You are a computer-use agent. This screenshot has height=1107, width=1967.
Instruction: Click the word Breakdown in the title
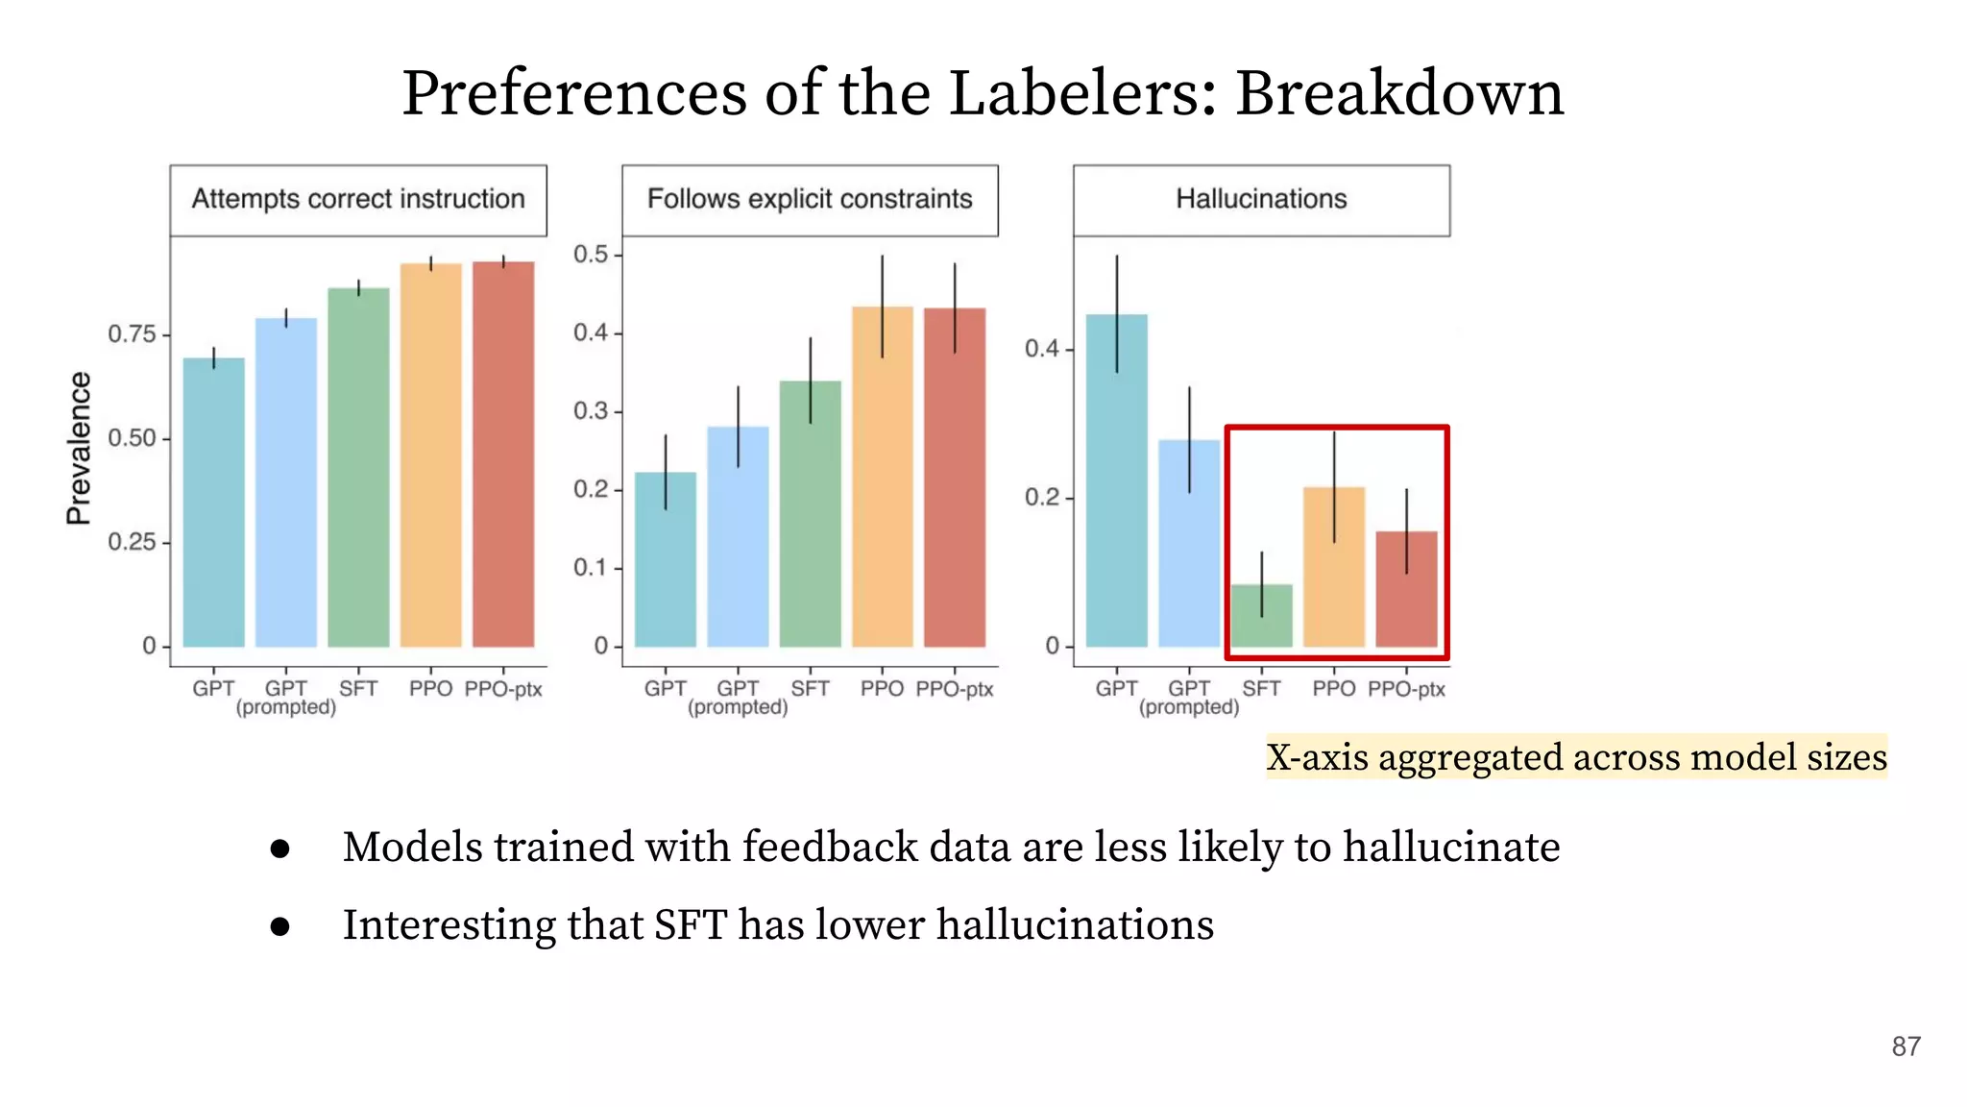click(x=1398, y=93)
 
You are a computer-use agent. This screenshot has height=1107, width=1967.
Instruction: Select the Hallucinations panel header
click(x=1261, y=199)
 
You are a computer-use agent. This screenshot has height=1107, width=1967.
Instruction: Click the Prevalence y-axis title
click(x=79, y=448)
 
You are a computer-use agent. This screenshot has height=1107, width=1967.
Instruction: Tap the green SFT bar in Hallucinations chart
click(x=1261, y=617)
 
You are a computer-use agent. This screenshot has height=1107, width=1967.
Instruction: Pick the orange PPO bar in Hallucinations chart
click(x=1333, y=567)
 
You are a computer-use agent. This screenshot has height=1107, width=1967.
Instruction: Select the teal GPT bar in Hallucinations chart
click(x=1116, y=480)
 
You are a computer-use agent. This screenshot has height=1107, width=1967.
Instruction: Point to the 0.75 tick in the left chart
click(x=132, y=334)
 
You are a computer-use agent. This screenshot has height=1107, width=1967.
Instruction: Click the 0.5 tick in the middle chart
click(x=591, y=255)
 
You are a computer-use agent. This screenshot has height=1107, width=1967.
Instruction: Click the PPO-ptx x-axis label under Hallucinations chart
click(x=1406, y=689)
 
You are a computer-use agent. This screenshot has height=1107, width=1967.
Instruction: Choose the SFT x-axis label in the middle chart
click(x=810, y=689)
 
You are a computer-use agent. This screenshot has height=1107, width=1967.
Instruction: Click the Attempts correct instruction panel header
click(x=358, y=199)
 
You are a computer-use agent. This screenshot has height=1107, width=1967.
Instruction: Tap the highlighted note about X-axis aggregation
click(x=1575, y=757)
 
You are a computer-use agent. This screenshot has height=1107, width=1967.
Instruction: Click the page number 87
click(x=1906, y=1046)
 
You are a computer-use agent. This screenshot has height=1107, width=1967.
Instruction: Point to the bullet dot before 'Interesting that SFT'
click(x=280, y=926)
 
